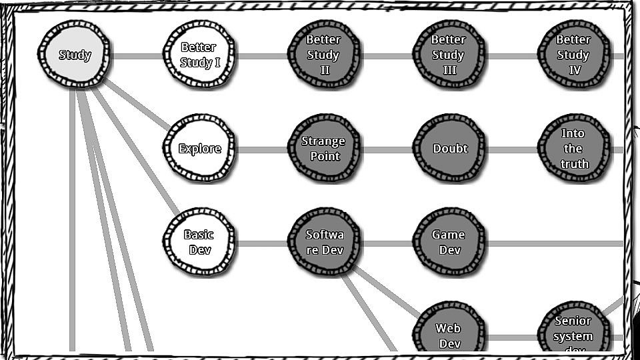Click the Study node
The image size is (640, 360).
click(74, 55)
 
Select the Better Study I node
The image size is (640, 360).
click(199, 55)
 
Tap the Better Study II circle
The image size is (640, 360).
click(324, 55)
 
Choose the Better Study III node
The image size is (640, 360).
click(449, 55)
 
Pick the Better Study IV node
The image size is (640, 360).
click(573, 55)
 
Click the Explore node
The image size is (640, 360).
click(199, 148)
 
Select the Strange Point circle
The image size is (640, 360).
click(324, 148)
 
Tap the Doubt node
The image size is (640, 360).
click(449, 148)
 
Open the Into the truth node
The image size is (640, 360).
click(573, 148)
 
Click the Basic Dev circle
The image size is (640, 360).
click(199, 242)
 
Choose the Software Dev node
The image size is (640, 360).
click(324, 242)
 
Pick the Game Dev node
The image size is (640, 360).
click(449, 242)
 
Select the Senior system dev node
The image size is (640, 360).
click(573, 333)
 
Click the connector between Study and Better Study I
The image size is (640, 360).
click(137, 56)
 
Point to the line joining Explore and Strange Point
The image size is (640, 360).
click(261, 149)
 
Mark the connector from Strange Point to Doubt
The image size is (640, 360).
click(386, 149)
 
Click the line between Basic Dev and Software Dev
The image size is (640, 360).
click(261, 243)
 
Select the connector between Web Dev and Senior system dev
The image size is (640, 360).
click(511, 337)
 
